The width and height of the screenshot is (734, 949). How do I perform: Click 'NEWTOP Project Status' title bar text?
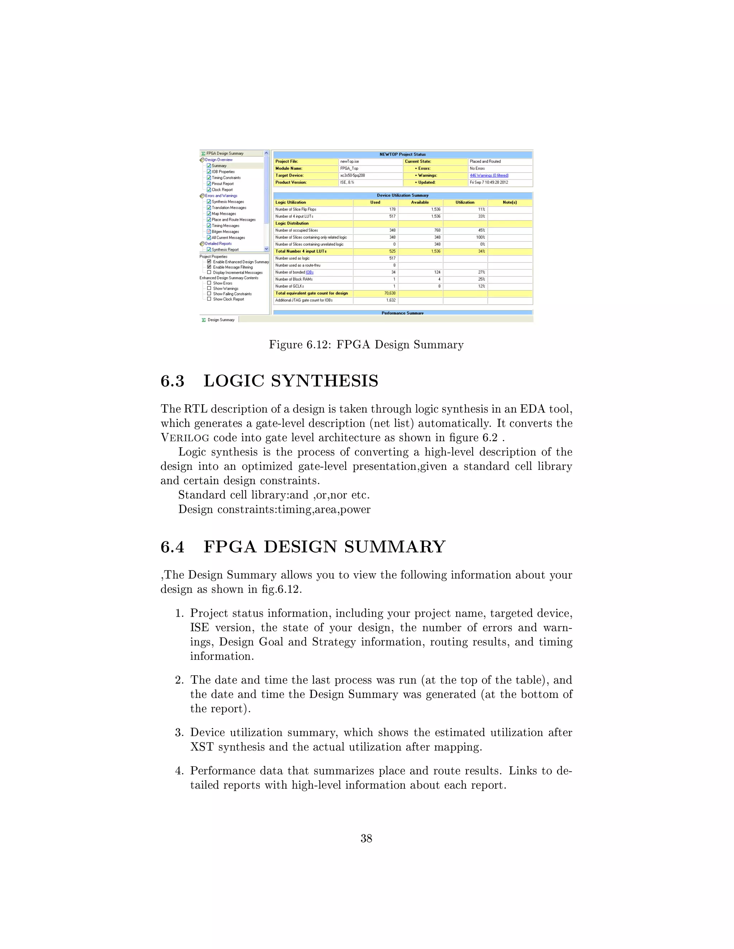click(x=402, y=154)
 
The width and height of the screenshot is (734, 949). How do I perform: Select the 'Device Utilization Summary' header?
click(x=402, y=195)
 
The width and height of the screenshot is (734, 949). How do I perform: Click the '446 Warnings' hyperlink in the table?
click(x=489, y=175)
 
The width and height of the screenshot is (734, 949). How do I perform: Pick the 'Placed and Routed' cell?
click(x=485, y=161)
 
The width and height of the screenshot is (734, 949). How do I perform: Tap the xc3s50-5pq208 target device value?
click(x=352, y=175)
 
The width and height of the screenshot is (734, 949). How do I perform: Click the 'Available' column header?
click(x=420, y=202)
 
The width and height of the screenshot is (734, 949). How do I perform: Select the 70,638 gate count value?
click(x=390, y=293)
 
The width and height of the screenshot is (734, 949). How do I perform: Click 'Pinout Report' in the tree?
click(x=222, y=184)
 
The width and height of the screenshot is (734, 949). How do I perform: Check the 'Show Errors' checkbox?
click(x=209, y=283)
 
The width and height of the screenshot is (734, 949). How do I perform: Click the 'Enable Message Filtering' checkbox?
click(x=209, y=267)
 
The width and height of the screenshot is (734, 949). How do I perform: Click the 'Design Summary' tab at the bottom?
click(x=220, y=320)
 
